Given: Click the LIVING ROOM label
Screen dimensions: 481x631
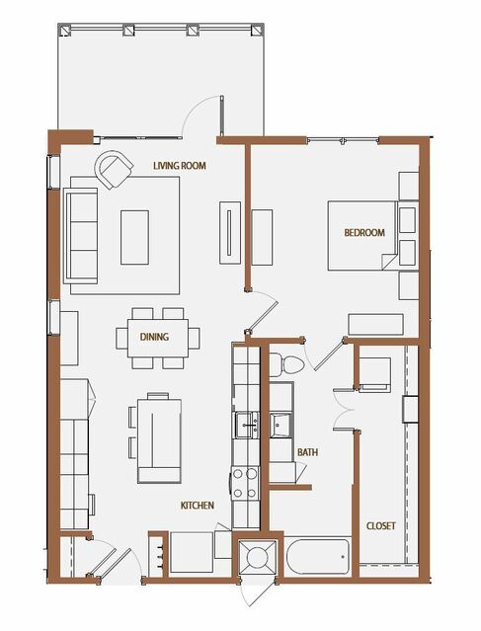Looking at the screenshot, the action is [180, 165].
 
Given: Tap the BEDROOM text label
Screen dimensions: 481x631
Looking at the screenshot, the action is [364, 233].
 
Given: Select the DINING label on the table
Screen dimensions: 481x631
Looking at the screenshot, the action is [154, 337].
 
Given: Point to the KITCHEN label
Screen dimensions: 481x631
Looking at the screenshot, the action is [198, 506].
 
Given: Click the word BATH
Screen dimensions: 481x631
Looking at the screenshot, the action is [307, 452].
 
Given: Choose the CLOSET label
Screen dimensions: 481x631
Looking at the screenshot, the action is [381, 526].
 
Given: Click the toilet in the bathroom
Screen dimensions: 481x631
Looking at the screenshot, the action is [286, 364].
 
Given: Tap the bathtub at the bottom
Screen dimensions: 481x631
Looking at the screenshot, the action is [318, 557].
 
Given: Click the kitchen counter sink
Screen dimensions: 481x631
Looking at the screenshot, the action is [247, 425].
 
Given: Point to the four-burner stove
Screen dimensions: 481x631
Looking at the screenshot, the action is [245, 483].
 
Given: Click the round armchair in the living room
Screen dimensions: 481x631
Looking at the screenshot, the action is [114, 170].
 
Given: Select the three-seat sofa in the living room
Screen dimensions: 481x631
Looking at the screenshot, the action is [81, 235].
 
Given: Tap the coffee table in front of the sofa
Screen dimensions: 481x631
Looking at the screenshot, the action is [134, 237].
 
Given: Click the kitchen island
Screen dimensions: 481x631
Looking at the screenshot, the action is [159, 440].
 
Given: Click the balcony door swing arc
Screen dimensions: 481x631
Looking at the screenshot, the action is [198, 111].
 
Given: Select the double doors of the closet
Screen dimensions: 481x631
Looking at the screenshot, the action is [344, 410].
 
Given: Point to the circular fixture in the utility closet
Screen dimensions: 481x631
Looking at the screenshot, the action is [257, 557].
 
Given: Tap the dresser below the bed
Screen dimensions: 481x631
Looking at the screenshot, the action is [375, 324].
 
